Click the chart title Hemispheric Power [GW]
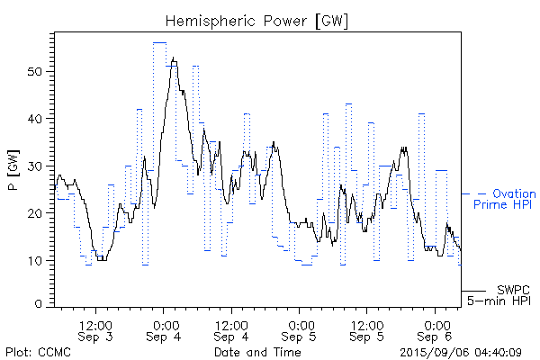coord(257,21)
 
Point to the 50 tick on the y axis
coord(39,71)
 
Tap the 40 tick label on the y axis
coord(39,119)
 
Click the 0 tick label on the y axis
coord(42,305)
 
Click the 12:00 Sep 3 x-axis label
coord(96,330)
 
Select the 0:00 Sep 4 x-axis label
coord(165,330)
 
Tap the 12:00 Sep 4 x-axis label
coord(232,330)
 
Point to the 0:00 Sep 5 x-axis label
coord(301,330)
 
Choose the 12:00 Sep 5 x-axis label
coord(368,330)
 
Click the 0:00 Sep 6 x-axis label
coord(436,330)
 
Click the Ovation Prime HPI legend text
coord(504,199)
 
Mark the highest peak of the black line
coord(173,58)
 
